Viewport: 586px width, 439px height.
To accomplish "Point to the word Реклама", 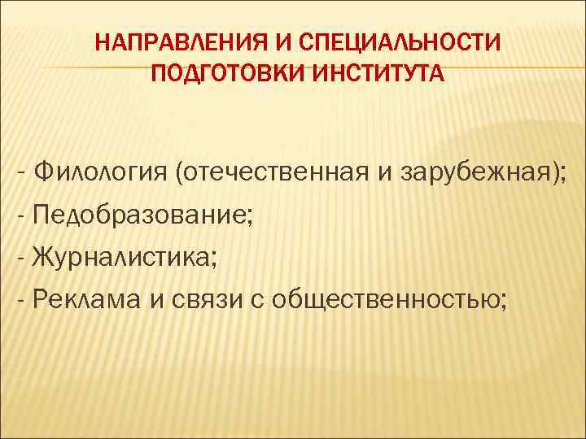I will [86, 302].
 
